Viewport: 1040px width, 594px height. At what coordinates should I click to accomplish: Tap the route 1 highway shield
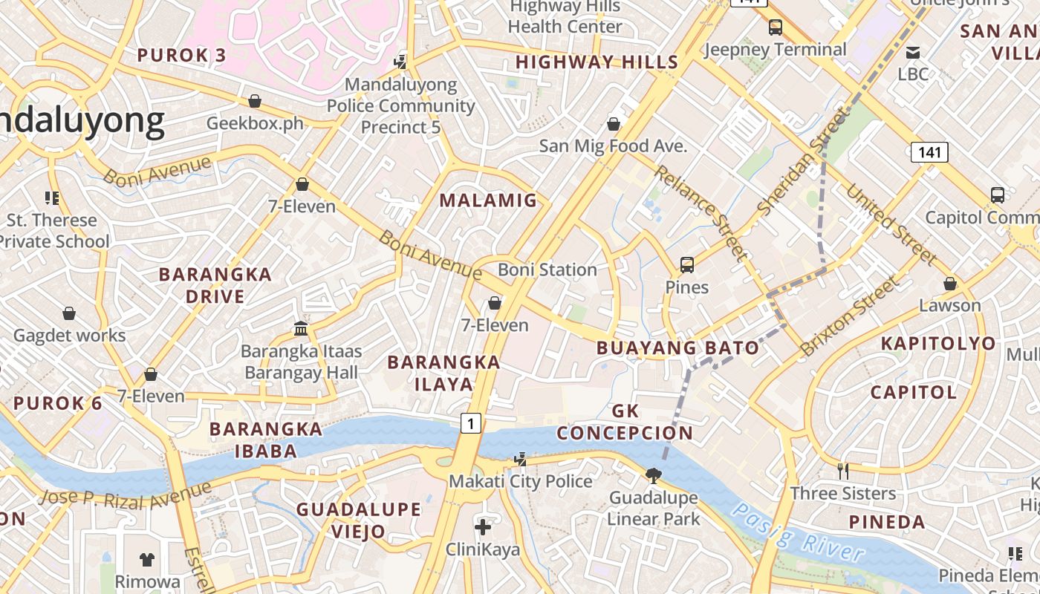(x=470, y=423)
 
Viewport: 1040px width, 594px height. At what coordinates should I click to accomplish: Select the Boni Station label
(x=547, y=270)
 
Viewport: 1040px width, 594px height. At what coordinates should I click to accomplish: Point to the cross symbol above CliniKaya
(x=483, y=527)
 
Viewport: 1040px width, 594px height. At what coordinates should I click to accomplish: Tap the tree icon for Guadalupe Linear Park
(x=654, y=475)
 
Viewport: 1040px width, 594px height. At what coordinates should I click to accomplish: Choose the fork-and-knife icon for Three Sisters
(x=843, y=471)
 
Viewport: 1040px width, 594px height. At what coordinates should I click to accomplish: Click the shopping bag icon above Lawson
(x=949, y=284)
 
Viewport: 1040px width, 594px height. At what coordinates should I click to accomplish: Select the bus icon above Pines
(x=687, y=265)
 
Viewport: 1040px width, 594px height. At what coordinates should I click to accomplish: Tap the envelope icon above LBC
(x=913, y=52)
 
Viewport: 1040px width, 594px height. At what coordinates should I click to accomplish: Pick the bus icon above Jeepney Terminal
(x=776, y=27)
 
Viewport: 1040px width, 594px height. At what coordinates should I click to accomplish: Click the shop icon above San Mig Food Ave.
(x=614, y=123)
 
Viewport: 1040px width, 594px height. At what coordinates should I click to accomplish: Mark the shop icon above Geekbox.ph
(x=255, y=100)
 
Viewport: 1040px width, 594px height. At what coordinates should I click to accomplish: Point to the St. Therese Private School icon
(x=52, y=198)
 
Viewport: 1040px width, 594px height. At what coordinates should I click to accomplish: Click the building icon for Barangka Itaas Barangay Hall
(x=301, y=328)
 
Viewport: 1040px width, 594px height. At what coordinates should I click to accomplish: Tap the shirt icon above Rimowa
(x=147, y=559)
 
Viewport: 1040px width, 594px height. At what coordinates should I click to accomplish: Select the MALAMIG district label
(x=488, y=200)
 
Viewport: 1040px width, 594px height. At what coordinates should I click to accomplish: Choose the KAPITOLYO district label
(x=937, y=343)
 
